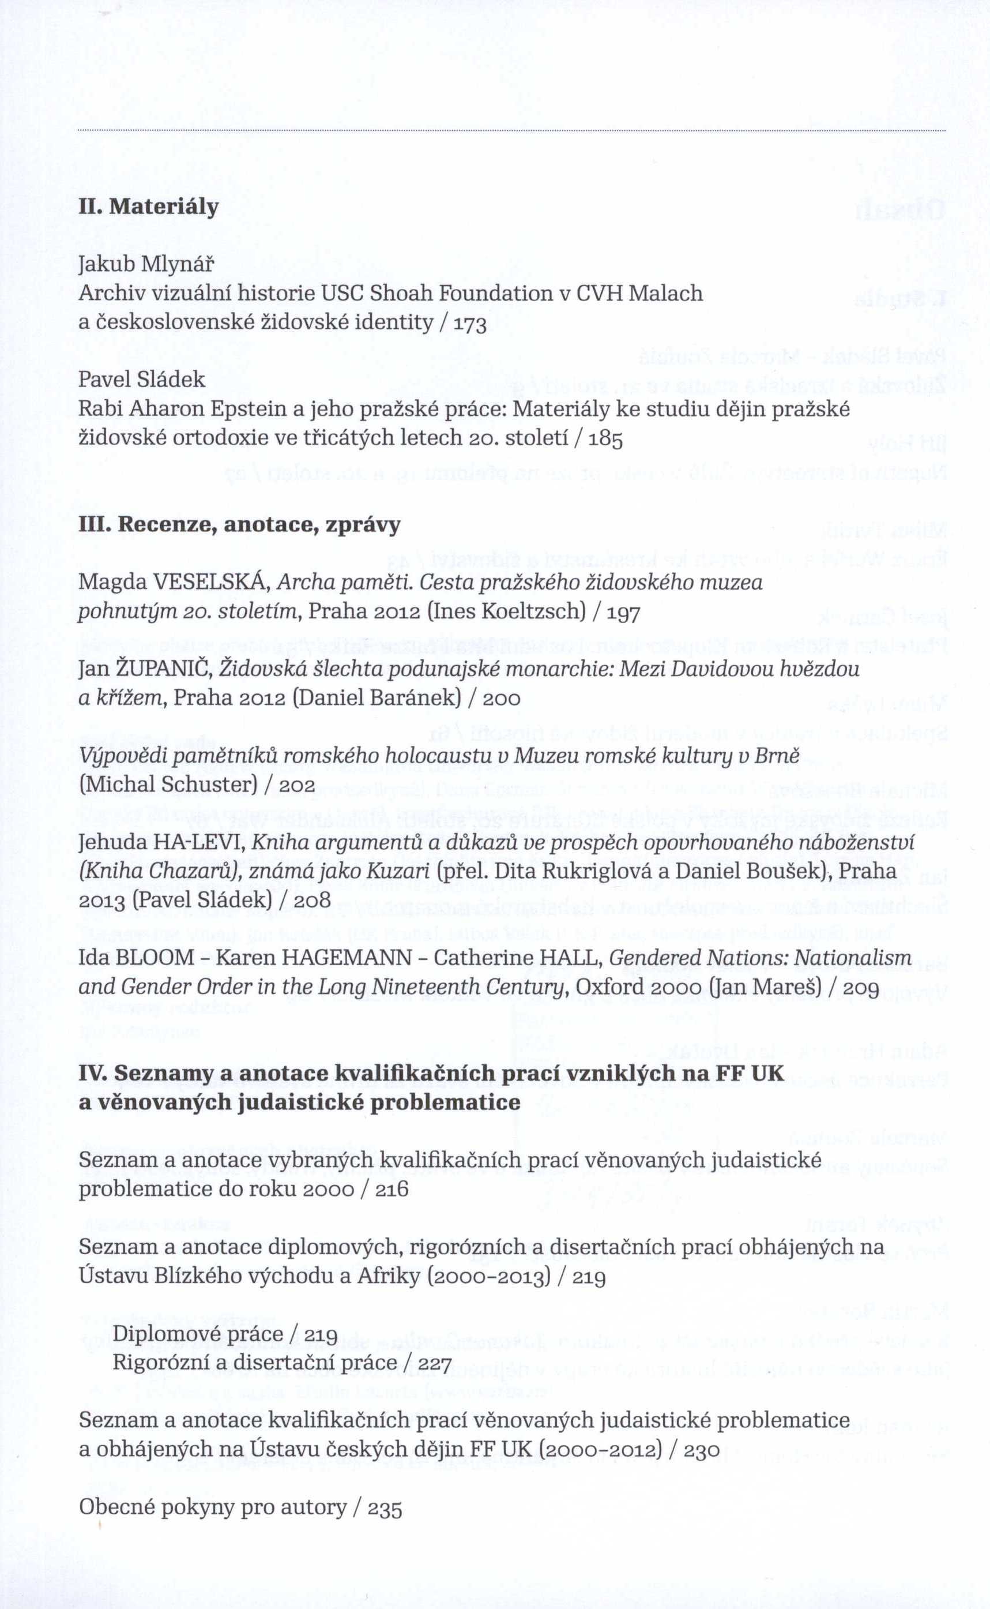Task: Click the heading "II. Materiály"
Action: coord(149,207)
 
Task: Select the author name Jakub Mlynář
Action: coord(146,265)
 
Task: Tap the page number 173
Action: coord(468,324)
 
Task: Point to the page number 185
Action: coord(604,438)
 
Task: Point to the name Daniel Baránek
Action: coord(377,697)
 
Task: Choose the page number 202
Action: coord(298,784)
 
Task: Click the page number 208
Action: coord(313,899)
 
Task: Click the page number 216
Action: coord(392,1188)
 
